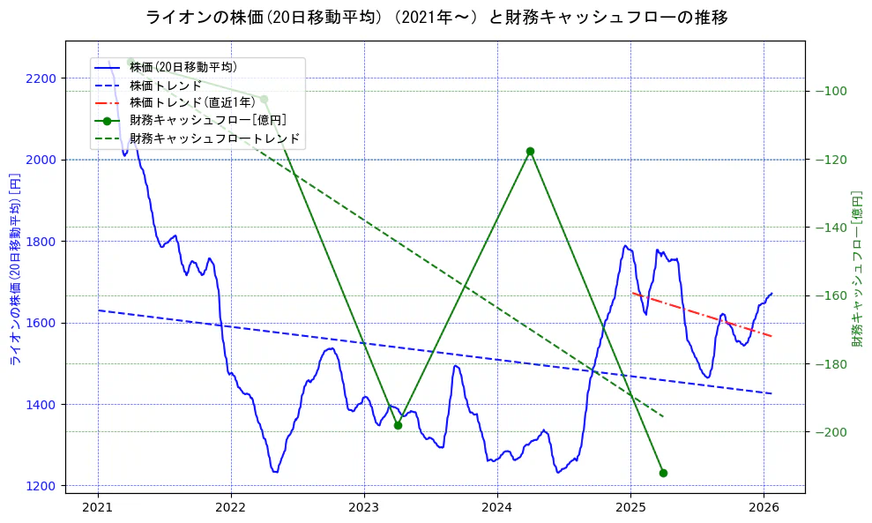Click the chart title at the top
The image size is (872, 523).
[x=436, y=17]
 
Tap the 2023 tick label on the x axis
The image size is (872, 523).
[x=364, y=507]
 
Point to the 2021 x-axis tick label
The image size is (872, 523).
[x=98, y=507]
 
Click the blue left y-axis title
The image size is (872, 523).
[x=15, y=269]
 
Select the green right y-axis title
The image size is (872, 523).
[x=856, y=268]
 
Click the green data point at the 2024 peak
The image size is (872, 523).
[x=530, y=151]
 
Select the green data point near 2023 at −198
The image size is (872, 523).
[x=398, y=425]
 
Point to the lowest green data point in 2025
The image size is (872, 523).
[x=663, y=473]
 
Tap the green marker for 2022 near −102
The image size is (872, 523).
[x=264, y=99]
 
